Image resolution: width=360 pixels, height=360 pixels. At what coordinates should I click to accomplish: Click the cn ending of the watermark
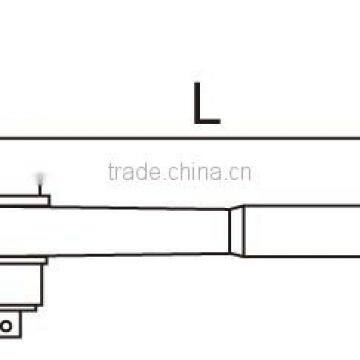(x=240, y=172)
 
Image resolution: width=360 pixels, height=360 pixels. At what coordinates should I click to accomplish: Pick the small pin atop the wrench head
(x=41, y=183)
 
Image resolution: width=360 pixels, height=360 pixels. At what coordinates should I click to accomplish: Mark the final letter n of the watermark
(x=246, y=173)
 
